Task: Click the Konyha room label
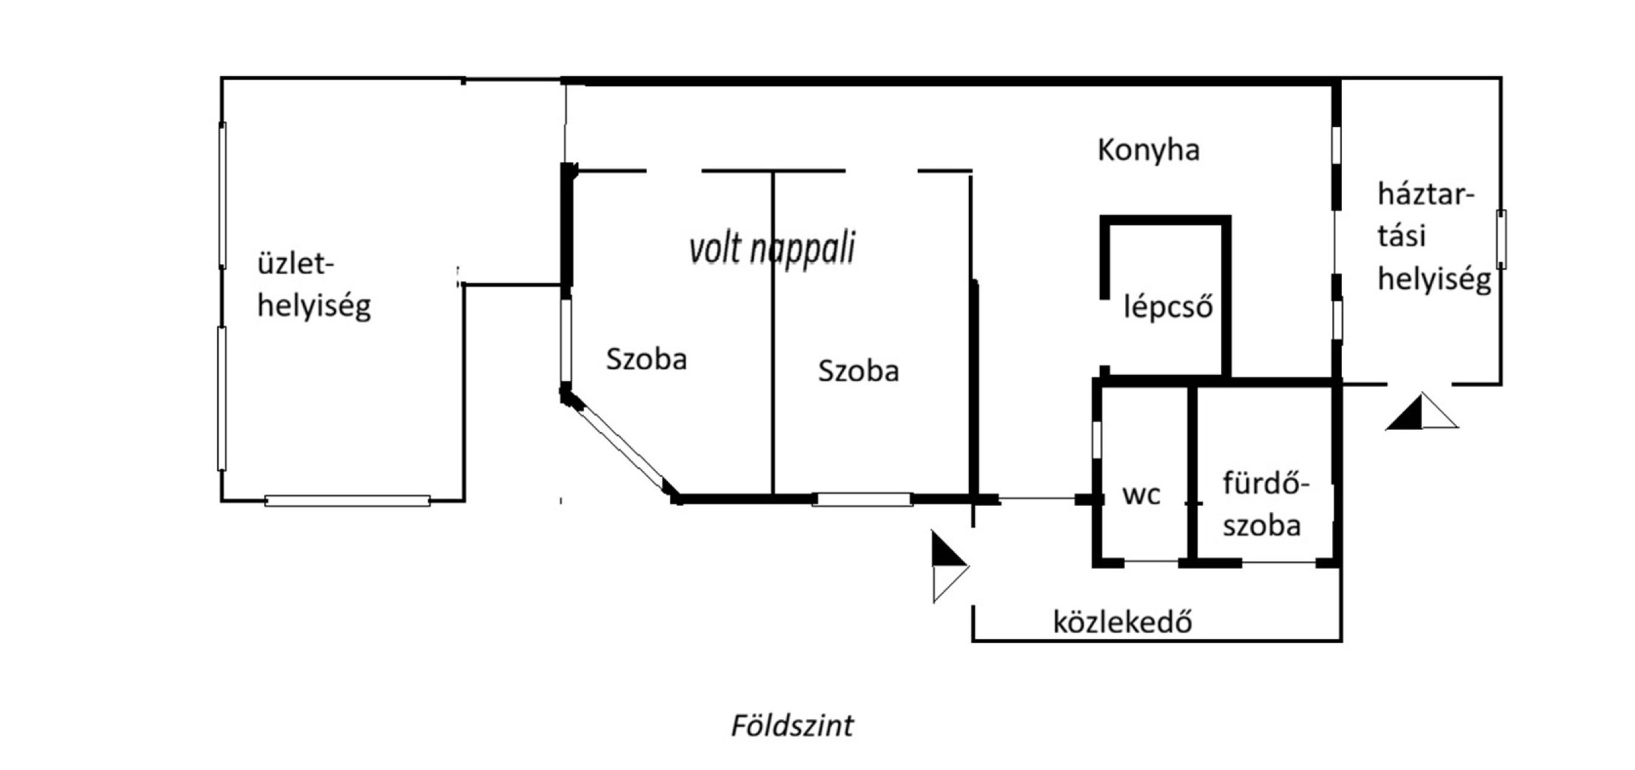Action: tap(1149, 151)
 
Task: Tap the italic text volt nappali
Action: tap(772, 249)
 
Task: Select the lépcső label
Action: tap(1168, 307)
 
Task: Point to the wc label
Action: tap(1141, 495)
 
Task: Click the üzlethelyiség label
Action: tap(314, 286)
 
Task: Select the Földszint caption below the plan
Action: tap(792, 725)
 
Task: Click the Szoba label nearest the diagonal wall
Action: tap(646, 359)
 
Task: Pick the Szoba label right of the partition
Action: tap(858, 371)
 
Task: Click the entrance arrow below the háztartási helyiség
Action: tap(1421, 412)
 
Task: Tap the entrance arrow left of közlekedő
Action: tap(949, 566)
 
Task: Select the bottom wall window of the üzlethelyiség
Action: tap(347, 501)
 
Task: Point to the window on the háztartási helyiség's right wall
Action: tap(1501, 239)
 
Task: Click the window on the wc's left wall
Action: tap(1097, 439)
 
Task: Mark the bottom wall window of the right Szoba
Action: tap(862, 499)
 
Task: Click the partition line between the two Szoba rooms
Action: tap(772, 333)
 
